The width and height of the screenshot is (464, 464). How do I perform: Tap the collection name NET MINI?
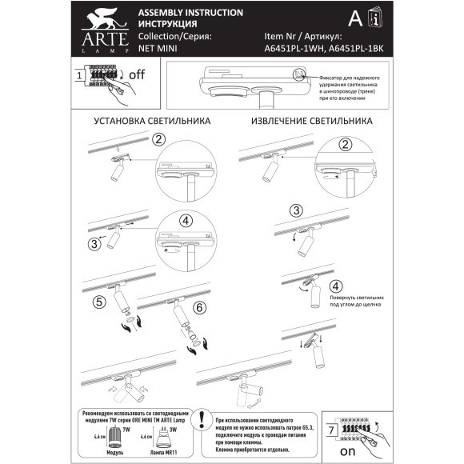[157, 48]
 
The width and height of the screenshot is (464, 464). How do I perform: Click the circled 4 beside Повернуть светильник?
[337, 286]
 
